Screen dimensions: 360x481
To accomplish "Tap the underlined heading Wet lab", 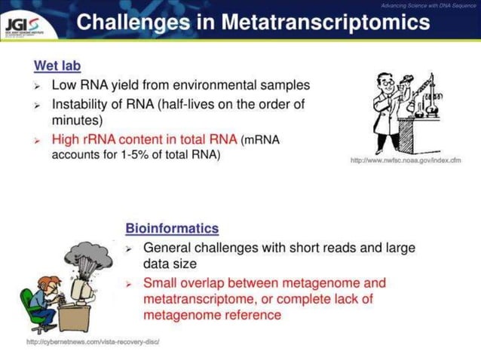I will point(57,67).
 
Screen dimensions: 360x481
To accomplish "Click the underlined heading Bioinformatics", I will point(172,228).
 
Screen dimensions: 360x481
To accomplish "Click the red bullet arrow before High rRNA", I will point(38,139).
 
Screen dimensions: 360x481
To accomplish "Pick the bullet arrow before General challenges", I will point(130,248).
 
